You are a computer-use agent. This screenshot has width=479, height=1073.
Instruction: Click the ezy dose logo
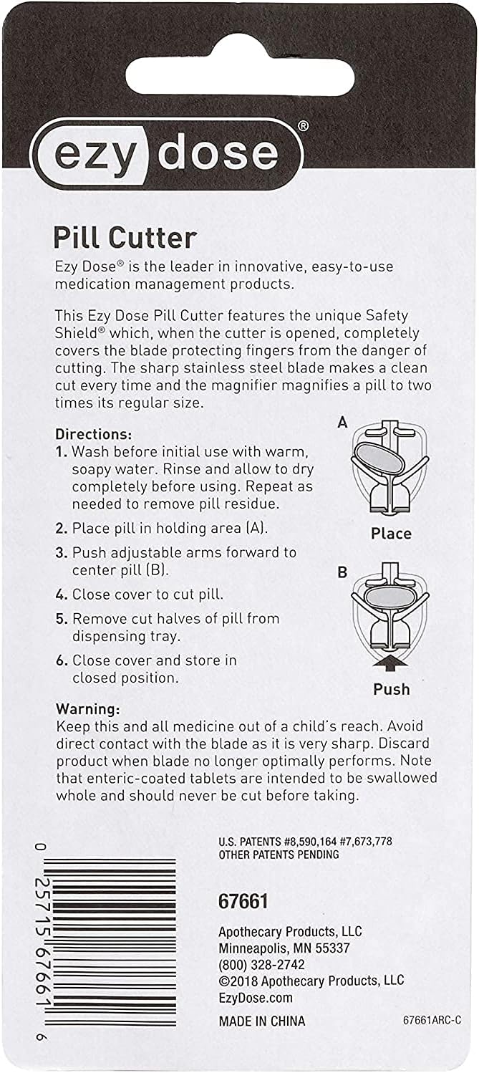click(167, 154)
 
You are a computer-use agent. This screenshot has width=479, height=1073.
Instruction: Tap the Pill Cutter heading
click(125, 237)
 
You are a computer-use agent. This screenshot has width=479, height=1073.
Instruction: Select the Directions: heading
click(93, 434)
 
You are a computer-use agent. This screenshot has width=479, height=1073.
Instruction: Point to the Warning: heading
click(88, 708)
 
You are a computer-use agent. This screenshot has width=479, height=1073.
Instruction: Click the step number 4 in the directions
click(62, 594)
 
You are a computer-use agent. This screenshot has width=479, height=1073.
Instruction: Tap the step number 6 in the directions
click(62, 660)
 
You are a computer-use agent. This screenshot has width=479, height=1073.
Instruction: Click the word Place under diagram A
click(391, 534)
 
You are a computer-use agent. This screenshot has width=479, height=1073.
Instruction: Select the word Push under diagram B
click(391, 689)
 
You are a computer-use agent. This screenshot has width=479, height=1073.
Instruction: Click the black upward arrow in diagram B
click(391, 664)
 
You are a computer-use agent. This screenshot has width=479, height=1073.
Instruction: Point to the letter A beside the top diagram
click(342, 423)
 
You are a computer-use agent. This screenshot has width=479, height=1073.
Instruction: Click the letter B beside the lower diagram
click(342, 572)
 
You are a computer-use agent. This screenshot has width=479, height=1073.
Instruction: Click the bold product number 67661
click(243, 902)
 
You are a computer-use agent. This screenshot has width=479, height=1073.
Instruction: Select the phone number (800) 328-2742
click(263, 964)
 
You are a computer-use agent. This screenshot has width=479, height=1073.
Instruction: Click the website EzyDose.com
click(255, 998)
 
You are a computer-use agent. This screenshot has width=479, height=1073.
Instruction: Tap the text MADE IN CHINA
click(261, 1021)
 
